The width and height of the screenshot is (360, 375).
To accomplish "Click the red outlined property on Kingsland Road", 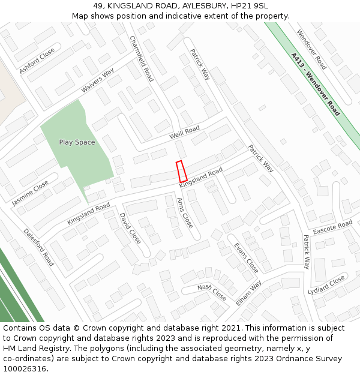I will (181, 172).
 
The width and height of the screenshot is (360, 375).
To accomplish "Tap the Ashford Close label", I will (37, 61).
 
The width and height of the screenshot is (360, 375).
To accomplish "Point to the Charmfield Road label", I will (142, 58).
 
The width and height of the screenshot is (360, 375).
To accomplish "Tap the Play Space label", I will (77, 142).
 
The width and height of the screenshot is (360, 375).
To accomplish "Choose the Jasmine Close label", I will (30, 193).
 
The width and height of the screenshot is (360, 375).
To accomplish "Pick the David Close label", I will (130, 228).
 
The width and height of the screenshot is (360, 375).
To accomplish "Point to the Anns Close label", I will (185, 212).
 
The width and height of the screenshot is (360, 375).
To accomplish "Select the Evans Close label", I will (246, 257).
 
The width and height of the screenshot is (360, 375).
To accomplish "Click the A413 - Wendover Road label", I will (315, 85).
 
